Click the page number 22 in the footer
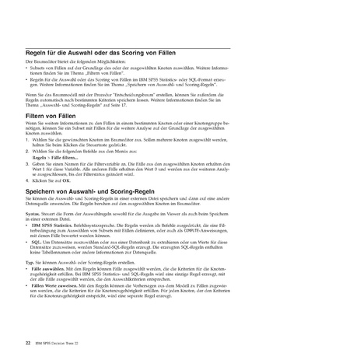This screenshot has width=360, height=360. tap(28, 320)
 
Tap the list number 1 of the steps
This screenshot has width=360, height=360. tap(27, 139)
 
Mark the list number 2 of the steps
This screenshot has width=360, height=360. tap(27, 152)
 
